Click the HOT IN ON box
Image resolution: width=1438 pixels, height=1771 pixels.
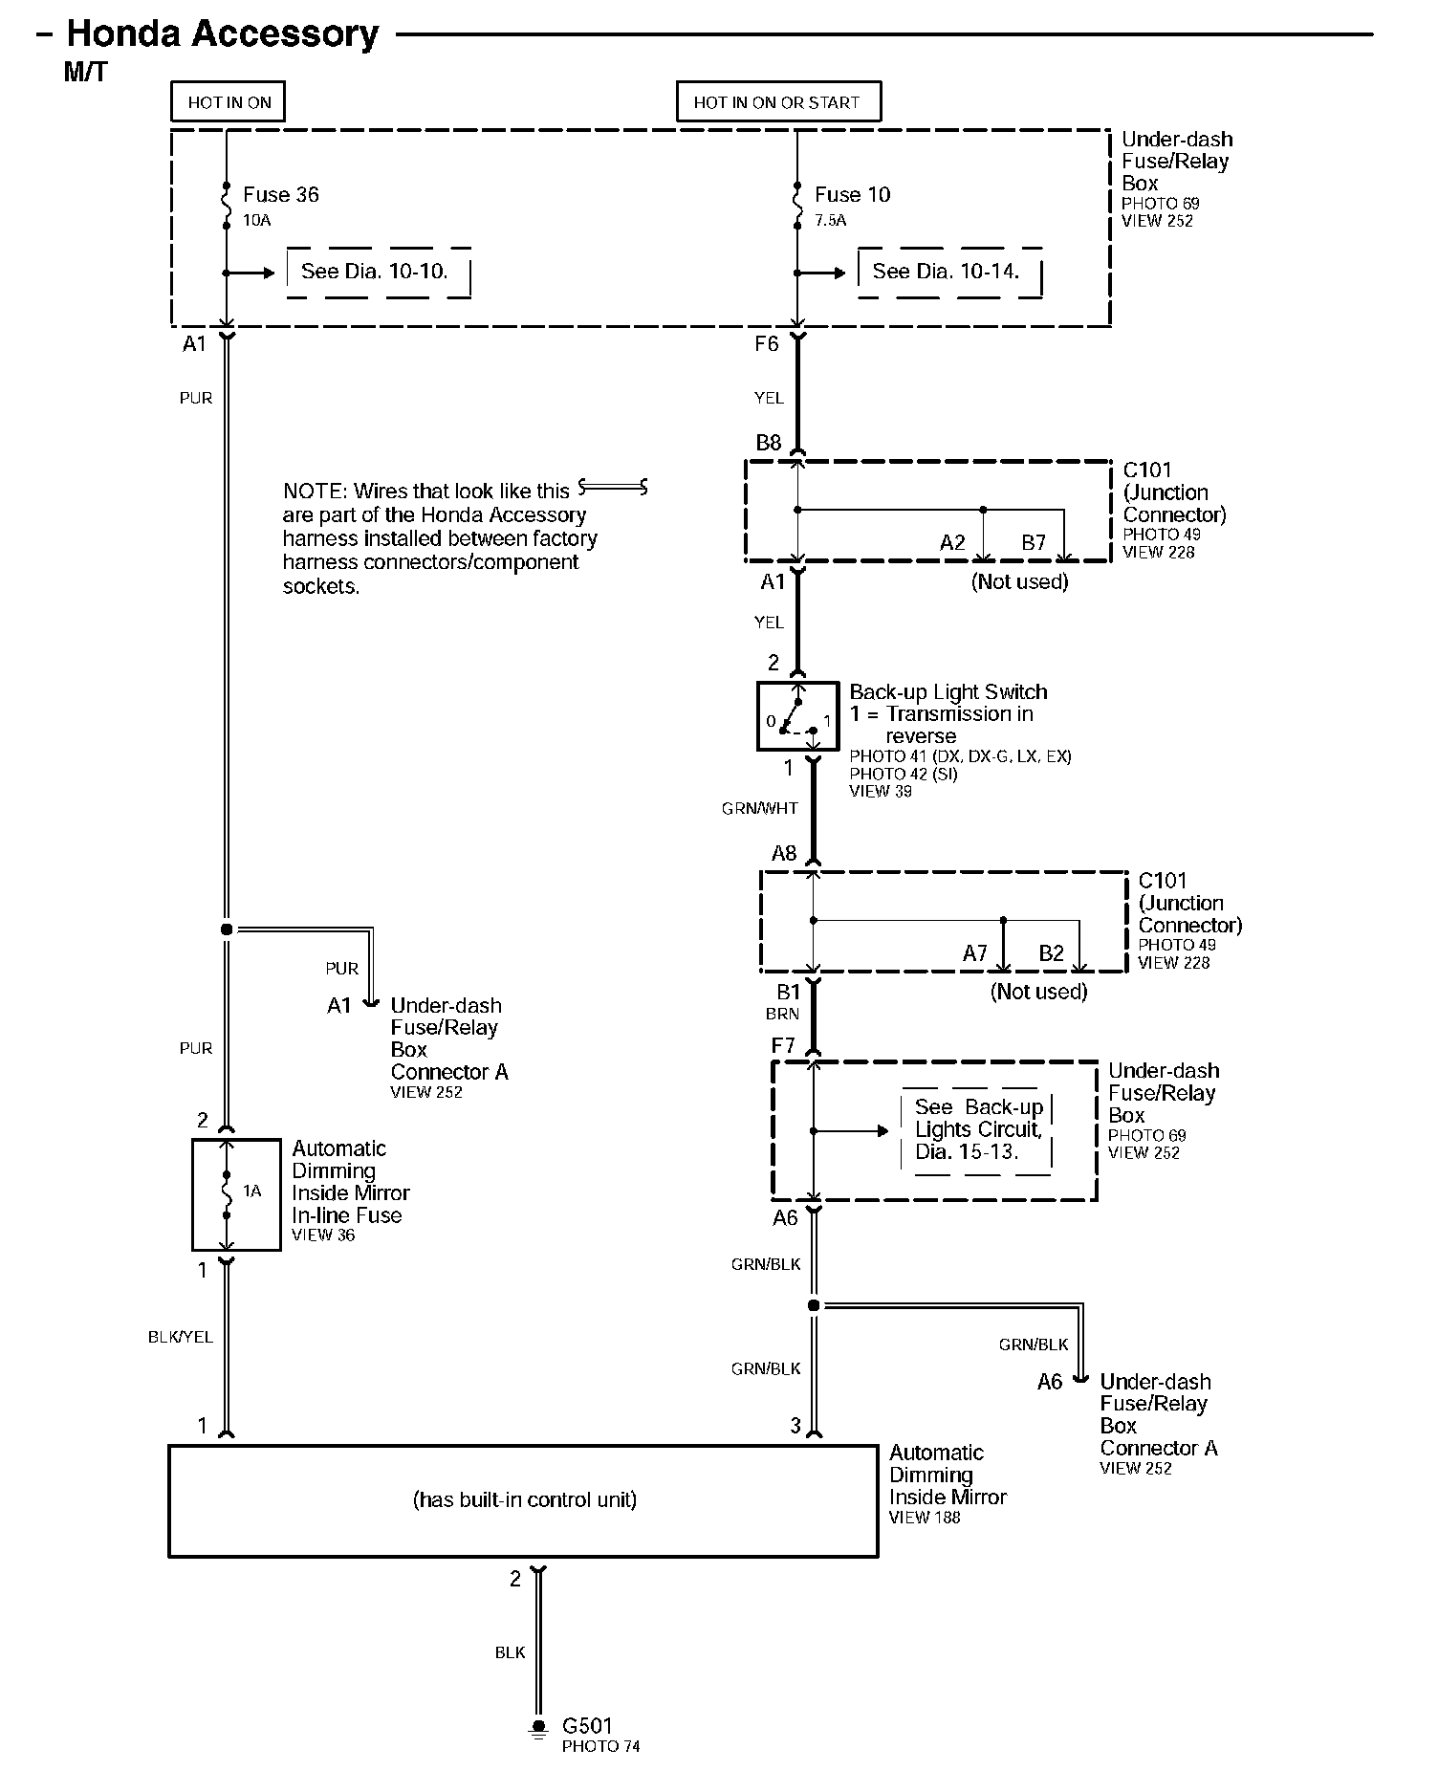tap(229, 102)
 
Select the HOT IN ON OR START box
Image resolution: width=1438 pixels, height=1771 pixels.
tap(777, 102)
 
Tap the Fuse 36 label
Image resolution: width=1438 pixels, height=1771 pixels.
tap(280, 195)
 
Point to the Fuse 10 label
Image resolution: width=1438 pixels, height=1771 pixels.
tap(852, 195)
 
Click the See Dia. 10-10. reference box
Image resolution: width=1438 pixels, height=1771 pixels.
tap(378, 273)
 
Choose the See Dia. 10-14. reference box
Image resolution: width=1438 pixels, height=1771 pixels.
tap(948, 273)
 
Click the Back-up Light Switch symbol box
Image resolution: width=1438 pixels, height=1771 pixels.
tap(796, 715)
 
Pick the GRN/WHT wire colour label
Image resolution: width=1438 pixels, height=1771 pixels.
tap(759, 809)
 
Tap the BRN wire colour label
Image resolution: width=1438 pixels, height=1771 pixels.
tap(781, 1014)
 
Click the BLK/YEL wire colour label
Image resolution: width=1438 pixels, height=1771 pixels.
tap(180, 1337)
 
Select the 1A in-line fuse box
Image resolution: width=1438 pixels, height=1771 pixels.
tap(236, 1194)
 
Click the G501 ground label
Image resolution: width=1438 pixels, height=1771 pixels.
tap(586, 1726)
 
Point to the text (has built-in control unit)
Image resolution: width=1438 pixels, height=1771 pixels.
tap(524, 1499)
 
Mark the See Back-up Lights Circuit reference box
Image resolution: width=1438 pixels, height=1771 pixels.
tap(976, 1129)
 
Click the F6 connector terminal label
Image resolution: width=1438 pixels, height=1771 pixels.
tap(767, 344)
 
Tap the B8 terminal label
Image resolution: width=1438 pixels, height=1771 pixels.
tap(769, 443)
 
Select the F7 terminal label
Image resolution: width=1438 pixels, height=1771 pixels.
tap(783, 1046)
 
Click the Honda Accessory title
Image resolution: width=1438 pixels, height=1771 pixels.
tap(222, 34)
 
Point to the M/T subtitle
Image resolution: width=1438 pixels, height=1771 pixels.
tap(85, 73)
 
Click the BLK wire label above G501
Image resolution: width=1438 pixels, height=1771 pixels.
tap(510, 1652)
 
